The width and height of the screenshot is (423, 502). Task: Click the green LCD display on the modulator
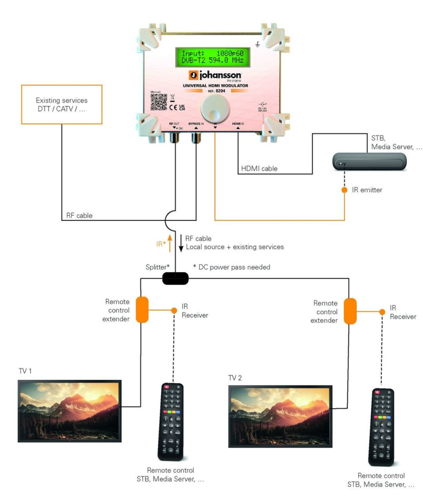click(213, 57)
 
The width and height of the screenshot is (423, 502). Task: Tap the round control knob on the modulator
click(213, 107)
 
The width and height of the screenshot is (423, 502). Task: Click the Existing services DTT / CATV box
click(62, 104)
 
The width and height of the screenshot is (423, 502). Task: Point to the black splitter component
click(176, 278)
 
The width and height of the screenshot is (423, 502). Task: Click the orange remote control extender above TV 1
click(142, 309)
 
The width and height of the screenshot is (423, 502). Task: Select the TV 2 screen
click(280, 416)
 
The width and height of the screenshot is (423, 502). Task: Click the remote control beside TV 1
click(171, 422)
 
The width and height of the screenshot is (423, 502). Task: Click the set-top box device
click(369, 162)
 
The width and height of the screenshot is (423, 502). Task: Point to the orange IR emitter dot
click(345, 191)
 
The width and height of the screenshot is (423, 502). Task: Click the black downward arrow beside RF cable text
click(181, 242)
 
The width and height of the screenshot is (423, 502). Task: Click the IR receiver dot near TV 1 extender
click(174, 311)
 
